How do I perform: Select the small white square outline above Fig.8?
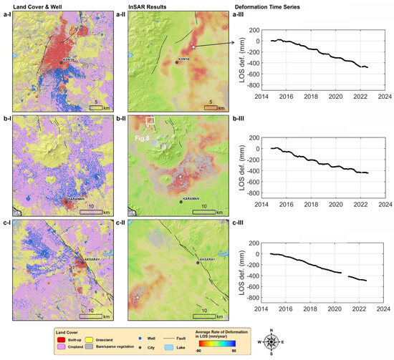150,121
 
